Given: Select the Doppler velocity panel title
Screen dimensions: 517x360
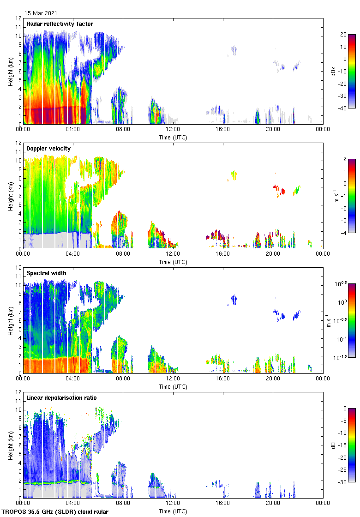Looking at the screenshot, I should [x=48, y=149].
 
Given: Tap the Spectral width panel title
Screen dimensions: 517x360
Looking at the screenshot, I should [x=46, y=273].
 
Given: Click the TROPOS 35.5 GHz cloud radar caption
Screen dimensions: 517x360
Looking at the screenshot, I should [x=55, y=512].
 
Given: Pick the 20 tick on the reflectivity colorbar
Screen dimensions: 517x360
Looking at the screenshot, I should [x=343, y=35].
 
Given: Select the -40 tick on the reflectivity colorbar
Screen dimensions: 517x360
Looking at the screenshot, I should [x=343, y=108].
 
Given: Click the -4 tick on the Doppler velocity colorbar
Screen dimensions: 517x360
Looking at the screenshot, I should [x=344, y=233].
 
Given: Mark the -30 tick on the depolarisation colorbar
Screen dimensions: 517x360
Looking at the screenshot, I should [x=343, y=482].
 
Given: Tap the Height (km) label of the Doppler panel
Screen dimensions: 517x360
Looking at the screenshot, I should [x=10, y=196].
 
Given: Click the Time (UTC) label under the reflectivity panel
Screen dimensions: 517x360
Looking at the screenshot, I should [x=173, y=138].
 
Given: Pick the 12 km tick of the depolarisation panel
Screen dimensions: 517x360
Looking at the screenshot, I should [x=19, y=392].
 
